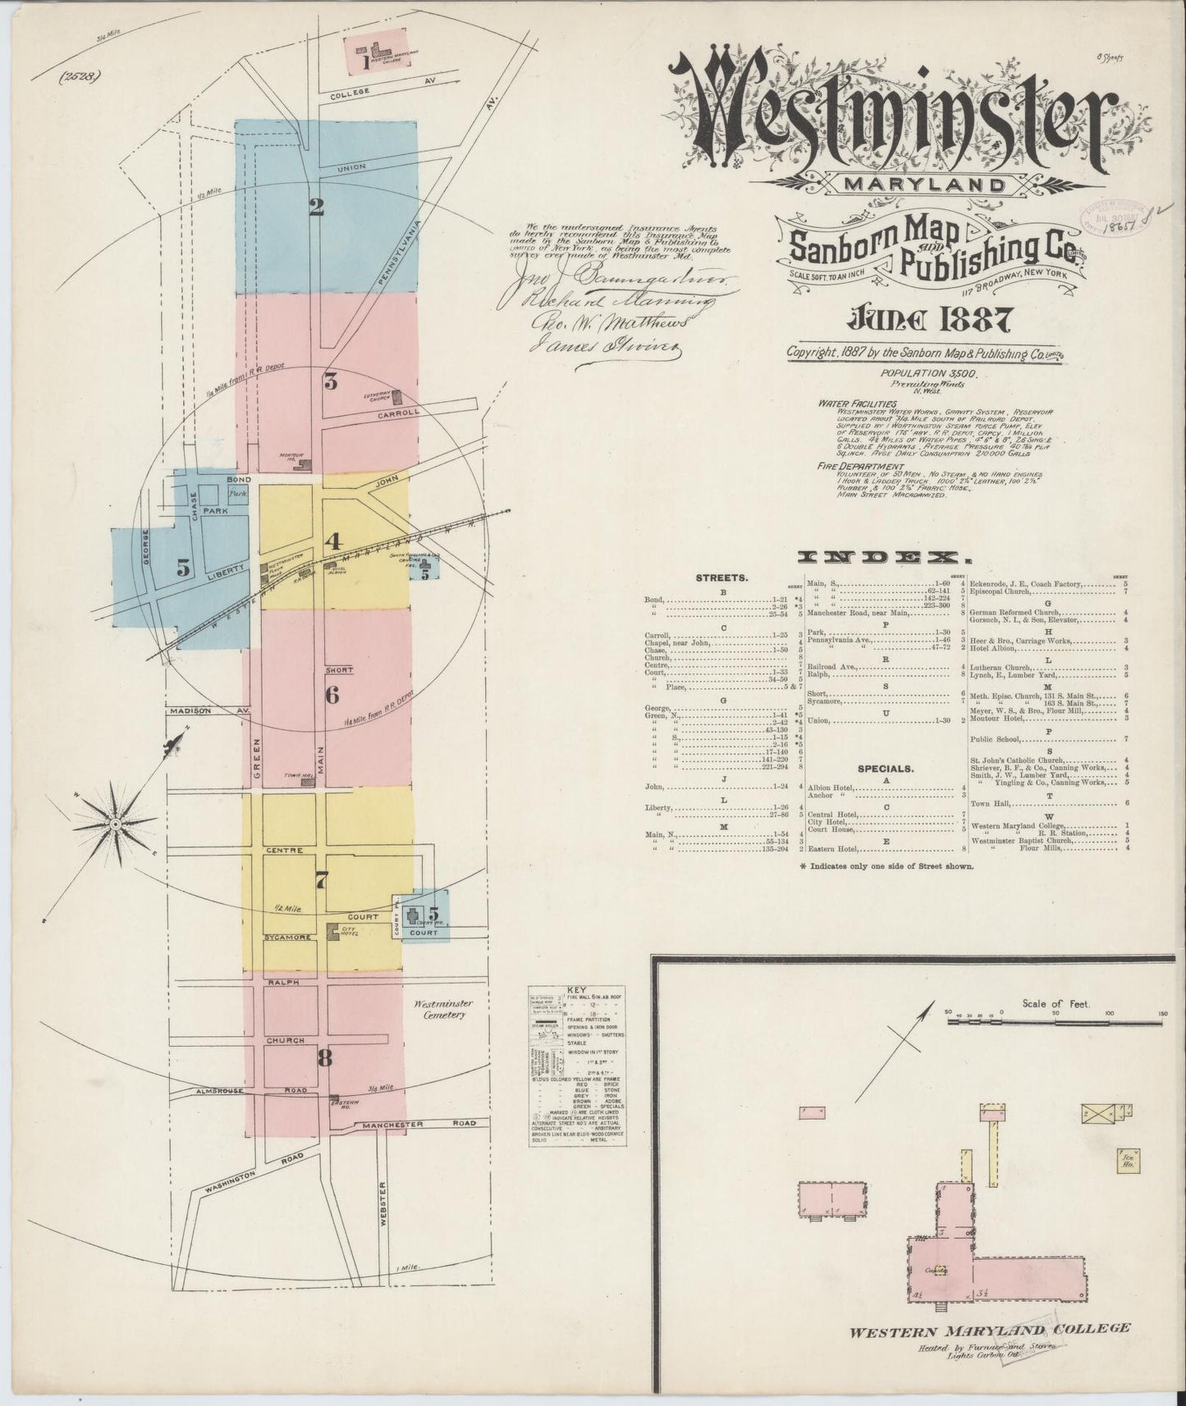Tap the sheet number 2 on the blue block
[x=316, y=208]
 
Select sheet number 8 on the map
[x=325, y=1058]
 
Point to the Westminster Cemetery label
[x=439, y=1008]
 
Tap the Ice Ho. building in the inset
[x=1124, y=1159]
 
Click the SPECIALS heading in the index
[x=886, y=769]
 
